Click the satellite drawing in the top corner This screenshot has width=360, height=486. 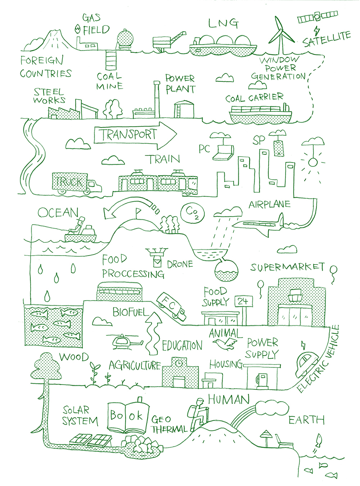coord(318,17)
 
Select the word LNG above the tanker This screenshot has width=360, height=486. coord(223,23)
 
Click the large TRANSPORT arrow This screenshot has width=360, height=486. coord(135,135)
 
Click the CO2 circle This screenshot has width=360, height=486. coord(193,213)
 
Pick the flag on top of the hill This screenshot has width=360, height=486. coord(138,212)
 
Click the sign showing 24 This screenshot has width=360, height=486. coord(243,301)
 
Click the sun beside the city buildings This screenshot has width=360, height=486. coord(312,163)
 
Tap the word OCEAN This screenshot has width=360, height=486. coord(58,213)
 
